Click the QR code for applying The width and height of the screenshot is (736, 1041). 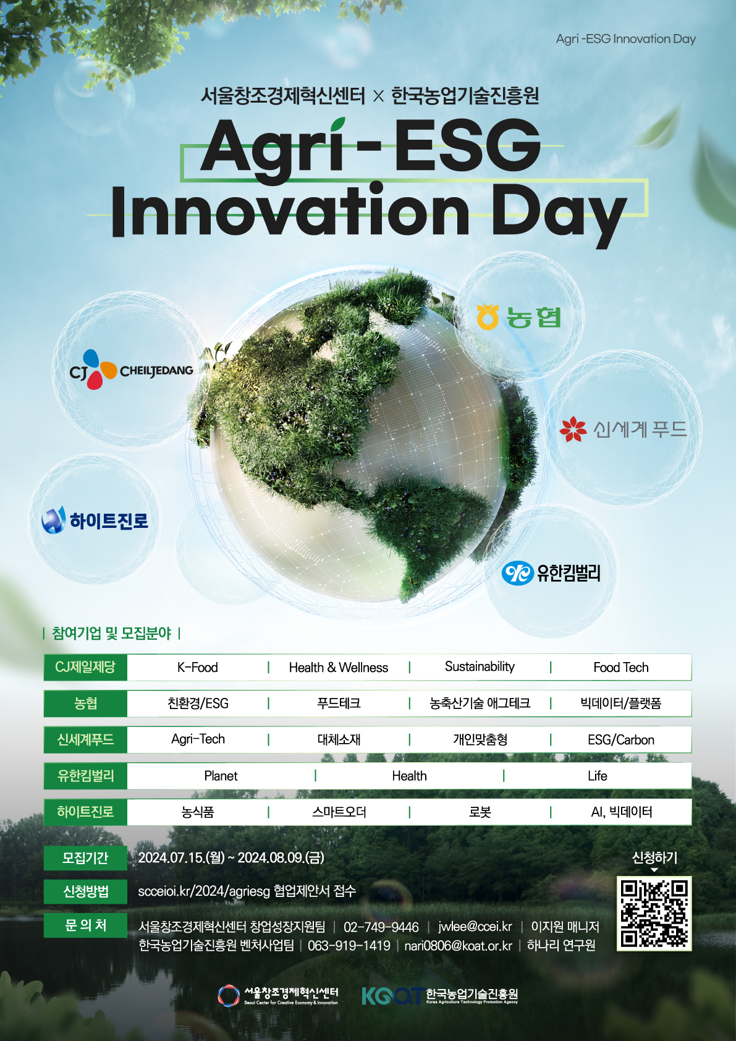654,913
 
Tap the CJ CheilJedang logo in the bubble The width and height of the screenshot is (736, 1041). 131,370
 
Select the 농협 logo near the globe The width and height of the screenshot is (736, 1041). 518,317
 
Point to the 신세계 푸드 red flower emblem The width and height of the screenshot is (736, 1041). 573,429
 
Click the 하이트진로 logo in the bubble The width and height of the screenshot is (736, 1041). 95,520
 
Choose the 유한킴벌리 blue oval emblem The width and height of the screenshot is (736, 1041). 517,573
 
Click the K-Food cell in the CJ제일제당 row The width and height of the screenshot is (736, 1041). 198,668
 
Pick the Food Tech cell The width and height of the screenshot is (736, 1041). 621,668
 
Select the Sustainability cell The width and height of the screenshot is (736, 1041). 480,667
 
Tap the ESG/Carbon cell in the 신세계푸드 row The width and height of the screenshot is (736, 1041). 621,739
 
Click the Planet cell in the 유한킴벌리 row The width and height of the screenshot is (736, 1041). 221,776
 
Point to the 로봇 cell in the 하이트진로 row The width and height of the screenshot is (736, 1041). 480,812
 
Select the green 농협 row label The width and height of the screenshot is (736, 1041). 85,703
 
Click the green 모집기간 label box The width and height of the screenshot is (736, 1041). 85,857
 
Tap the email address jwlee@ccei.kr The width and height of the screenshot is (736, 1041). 475,927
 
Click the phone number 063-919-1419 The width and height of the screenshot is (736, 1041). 349,945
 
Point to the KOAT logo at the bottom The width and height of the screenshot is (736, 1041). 439,995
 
